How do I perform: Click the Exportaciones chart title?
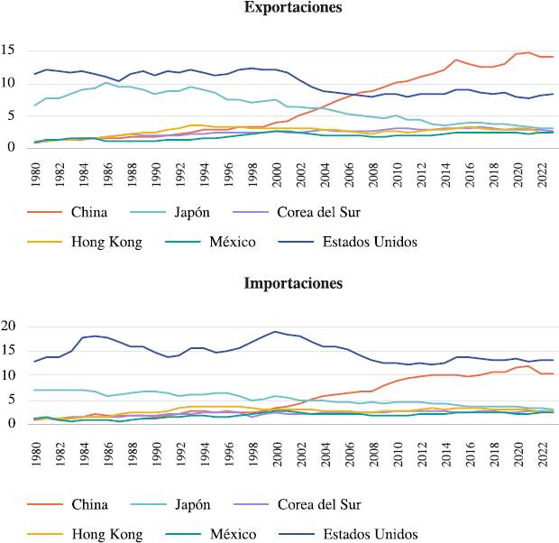293,8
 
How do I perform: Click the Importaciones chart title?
293,283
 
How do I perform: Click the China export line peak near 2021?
528,52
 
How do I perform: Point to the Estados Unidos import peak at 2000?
275,331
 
